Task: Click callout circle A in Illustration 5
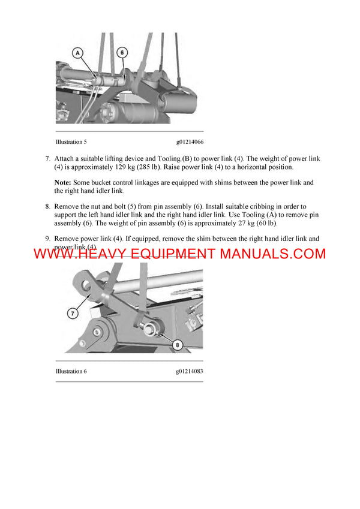pos(77,53)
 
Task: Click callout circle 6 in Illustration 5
pos(122,53)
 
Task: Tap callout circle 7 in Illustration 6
pos(71,312)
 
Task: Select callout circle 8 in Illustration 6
pos(178,344)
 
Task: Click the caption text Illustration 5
pos(71,142)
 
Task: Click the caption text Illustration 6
pos(71,371)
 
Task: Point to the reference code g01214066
pos(190,142)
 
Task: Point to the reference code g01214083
pos(190,371)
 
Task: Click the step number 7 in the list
pos(47,158)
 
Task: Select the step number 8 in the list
pos(47,206)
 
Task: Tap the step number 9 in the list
pos(47,239)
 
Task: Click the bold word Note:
pos(63,182)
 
